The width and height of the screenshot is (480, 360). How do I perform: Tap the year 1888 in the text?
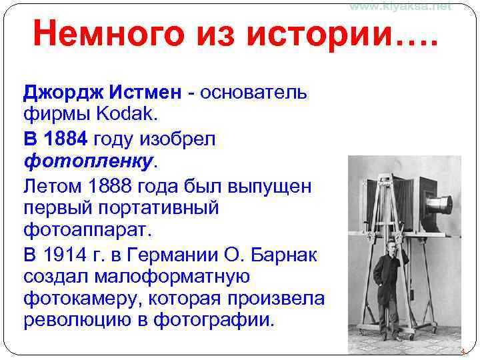point(111,186)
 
